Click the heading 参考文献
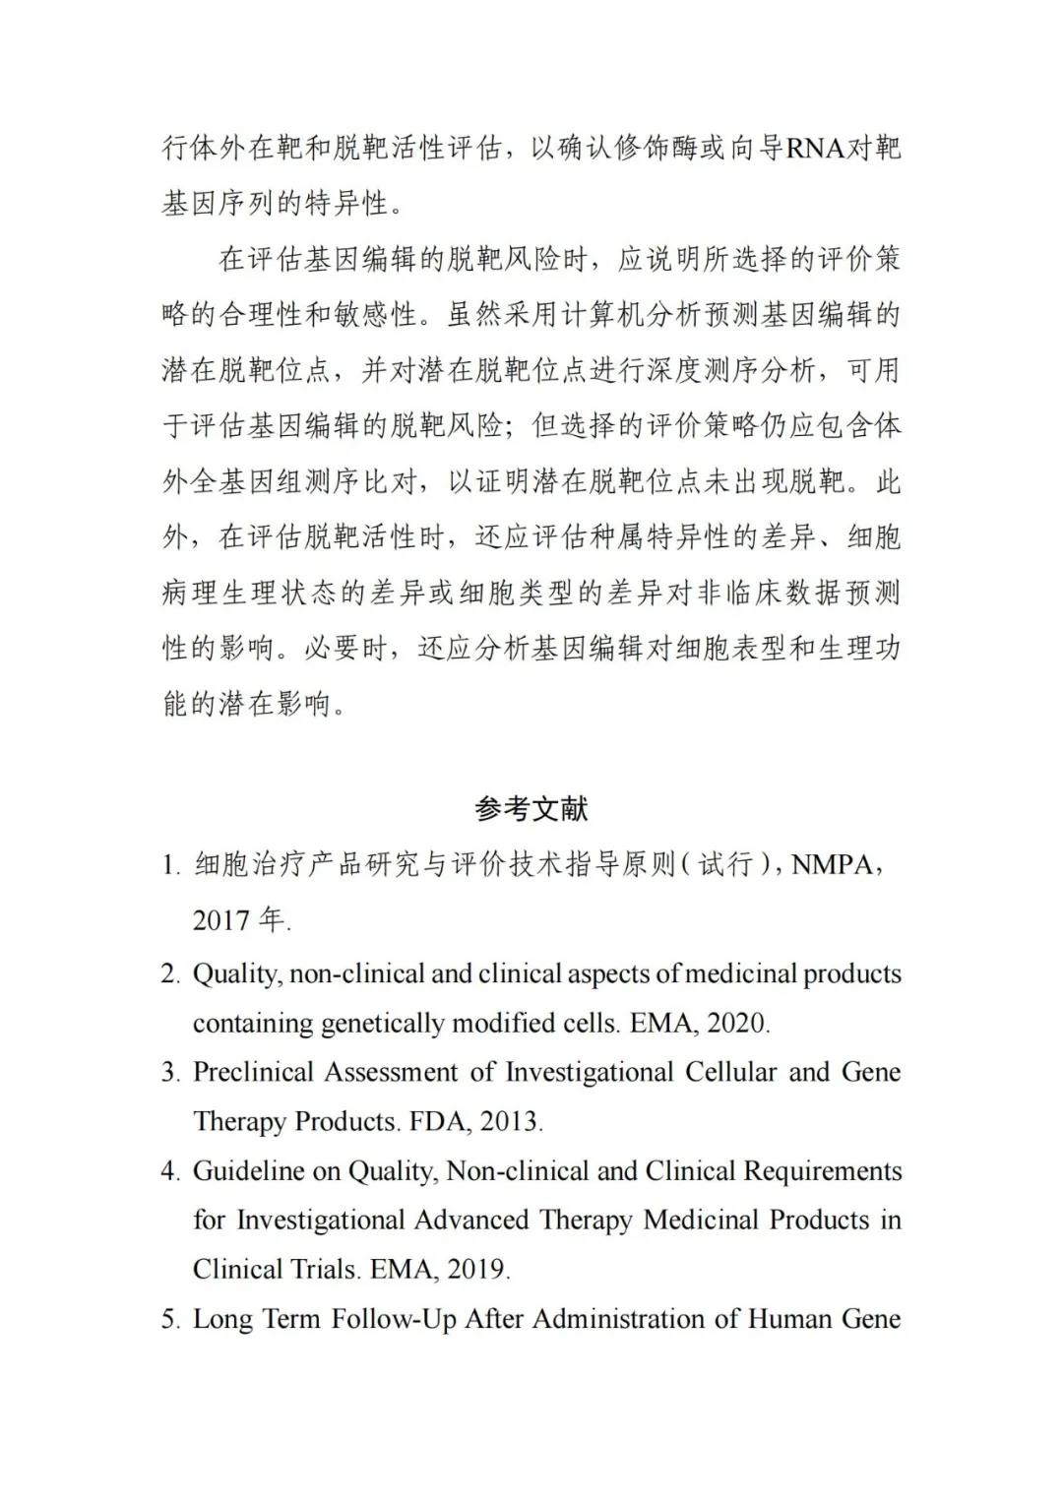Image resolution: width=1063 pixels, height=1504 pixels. (x=531, y=809)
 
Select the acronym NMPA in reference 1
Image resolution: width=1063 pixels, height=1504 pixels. (x=832, y=865)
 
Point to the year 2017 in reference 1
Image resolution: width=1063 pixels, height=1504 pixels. (x=221, y=920)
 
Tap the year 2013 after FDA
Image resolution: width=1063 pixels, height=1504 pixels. (x=510, y=1121)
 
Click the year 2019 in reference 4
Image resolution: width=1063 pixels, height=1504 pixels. (x=477, y=1269)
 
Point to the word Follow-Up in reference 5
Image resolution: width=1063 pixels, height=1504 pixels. (x=394, y=1319)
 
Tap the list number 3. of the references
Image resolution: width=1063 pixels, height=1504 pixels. (x=170, y=1073)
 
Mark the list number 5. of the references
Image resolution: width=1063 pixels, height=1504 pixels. (x=170, y=1319)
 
